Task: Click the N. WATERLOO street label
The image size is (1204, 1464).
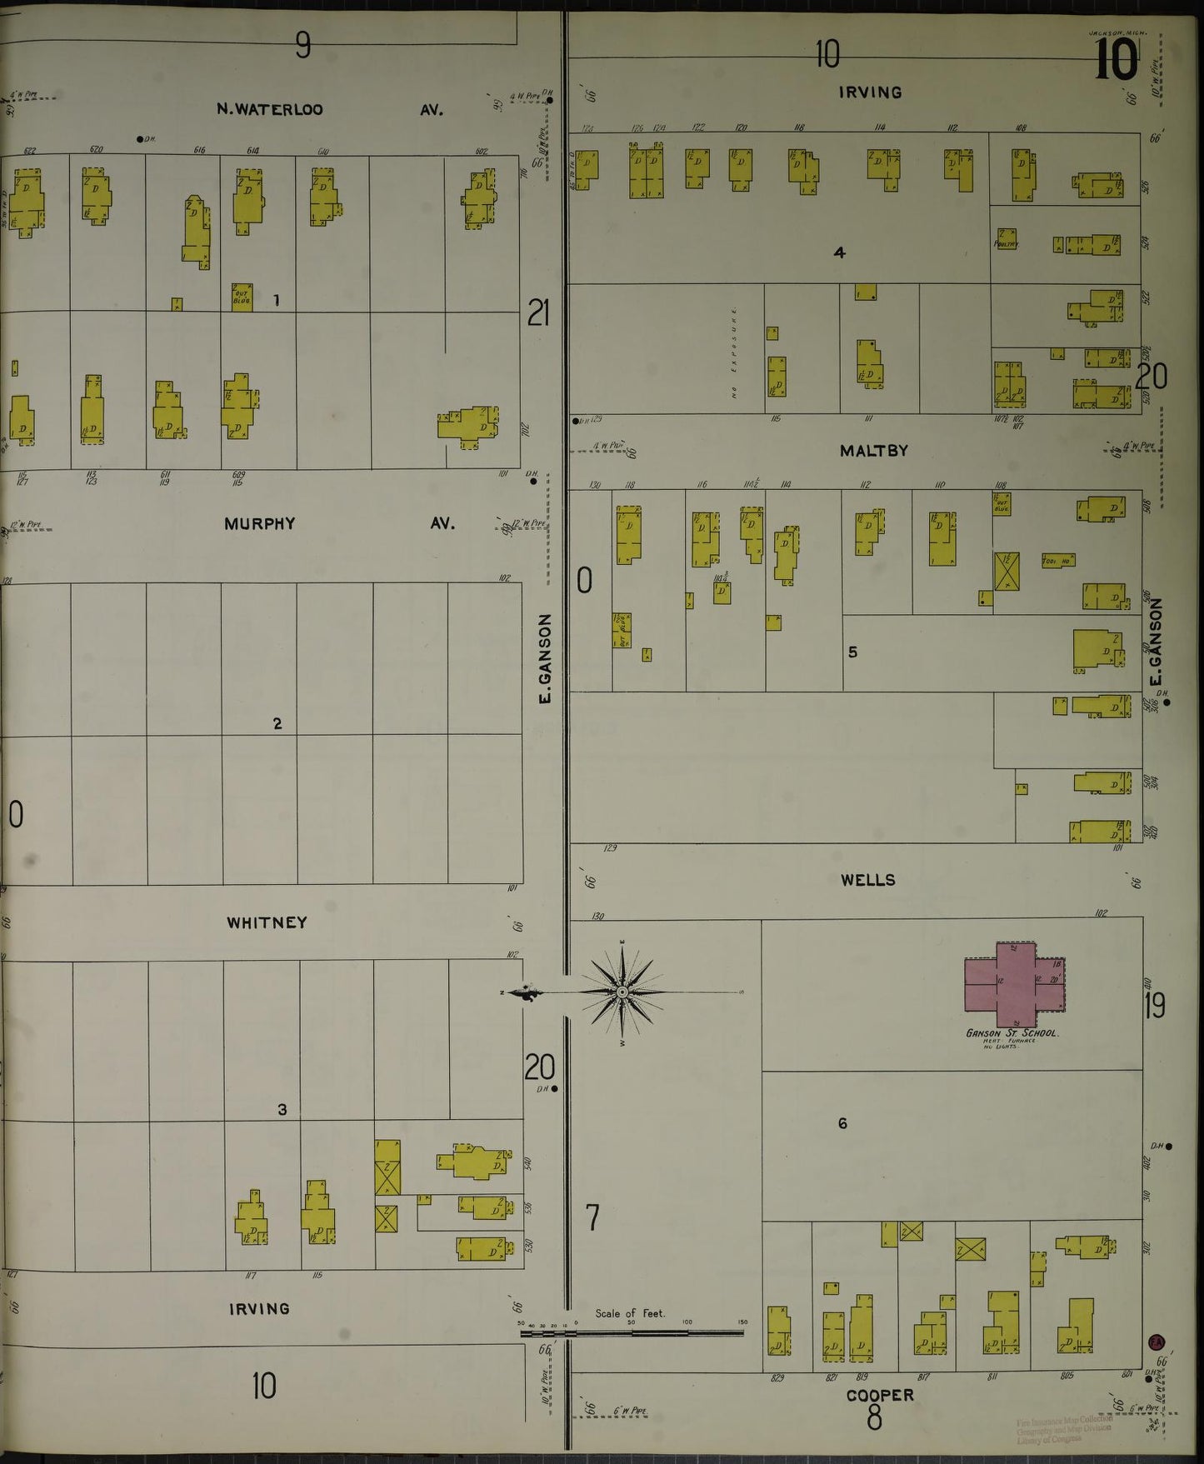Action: (269, 109)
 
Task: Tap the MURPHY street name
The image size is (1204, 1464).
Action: (259, 524)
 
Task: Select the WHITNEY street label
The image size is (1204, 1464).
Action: (267, 922)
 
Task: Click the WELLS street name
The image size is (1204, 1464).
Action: (867, 880)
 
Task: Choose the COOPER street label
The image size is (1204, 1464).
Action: (880, 1395)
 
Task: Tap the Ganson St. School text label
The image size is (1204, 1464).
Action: (1012, 1033)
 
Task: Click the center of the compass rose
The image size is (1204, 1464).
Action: (622, 992)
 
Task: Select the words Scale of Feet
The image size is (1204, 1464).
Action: (630, 1314)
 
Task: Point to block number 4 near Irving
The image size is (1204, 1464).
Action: (839, 252)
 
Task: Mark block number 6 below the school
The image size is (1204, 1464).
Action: (842, 1124)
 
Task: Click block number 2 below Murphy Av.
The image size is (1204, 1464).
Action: (277, 723)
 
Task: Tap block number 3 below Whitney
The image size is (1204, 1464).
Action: (282, 1110)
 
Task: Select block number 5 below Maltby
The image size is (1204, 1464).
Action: (852, 652)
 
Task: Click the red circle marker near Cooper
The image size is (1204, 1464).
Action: (1157, 1342)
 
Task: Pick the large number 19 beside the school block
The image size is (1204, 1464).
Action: (1154, 1007)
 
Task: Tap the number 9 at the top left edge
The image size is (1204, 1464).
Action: (302, 45)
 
